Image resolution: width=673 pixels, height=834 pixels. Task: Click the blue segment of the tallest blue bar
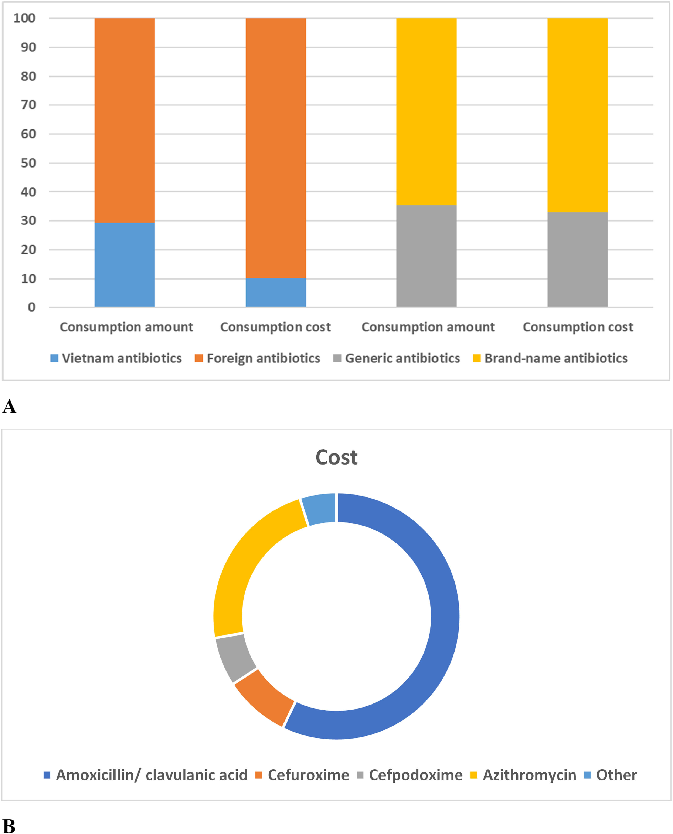coord(125,265)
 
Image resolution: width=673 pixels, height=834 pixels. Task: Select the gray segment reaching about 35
coord(426,256)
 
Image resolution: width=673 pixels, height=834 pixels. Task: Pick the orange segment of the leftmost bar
coord(125,120)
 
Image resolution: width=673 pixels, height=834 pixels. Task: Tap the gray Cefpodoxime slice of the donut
coord(235,658)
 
